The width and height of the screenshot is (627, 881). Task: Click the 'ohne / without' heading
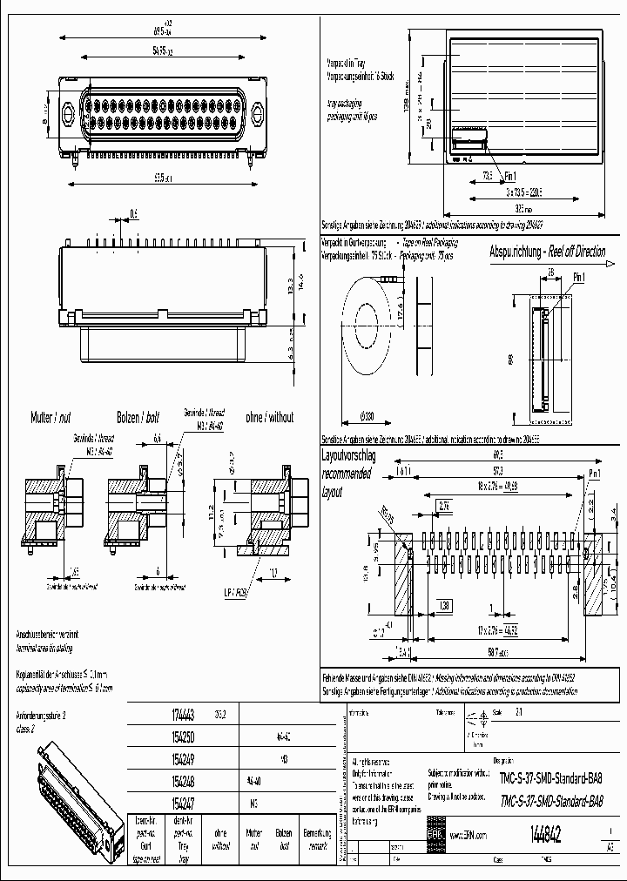point(270,417)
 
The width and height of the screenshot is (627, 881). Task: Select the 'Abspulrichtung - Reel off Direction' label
point(547,252)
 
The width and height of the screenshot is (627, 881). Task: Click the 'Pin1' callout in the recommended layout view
point(595,473)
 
